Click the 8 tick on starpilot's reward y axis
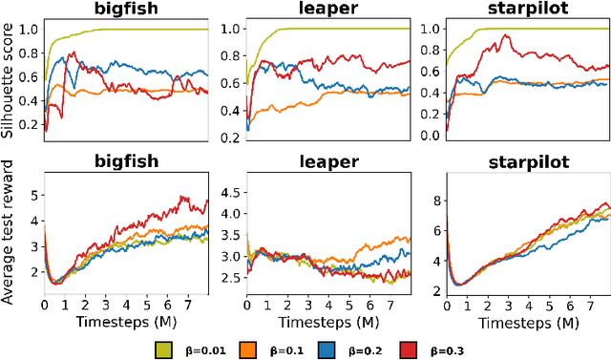432,200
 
